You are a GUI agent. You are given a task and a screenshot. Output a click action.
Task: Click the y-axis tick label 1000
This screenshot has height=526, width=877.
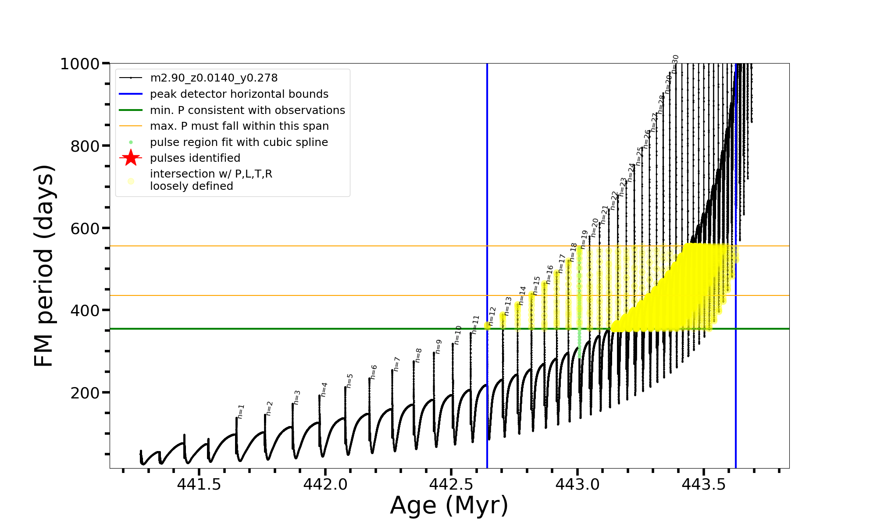pyautogui.click(x=80, y=64)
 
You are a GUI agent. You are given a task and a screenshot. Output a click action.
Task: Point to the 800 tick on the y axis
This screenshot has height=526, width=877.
pyautogui.click(x=85, y=146)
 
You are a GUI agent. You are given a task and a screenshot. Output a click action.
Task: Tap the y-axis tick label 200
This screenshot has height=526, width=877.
pyautogui.click(x=85, y=393)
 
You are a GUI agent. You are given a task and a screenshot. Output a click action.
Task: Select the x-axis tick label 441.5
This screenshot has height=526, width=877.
pyautogui.click(x=199, y=484)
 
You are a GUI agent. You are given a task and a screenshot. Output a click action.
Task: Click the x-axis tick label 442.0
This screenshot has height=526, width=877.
pyautogui.click(x=325, y=484)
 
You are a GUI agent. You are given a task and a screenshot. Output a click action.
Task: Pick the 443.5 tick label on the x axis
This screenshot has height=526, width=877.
pyautogui.click(x=704, y=484)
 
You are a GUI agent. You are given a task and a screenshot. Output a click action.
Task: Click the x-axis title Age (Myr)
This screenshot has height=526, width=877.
pyautogui.click(x=449, y=505)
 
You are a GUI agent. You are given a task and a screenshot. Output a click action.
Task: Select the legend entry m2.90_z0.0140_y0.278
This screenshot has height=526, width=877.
pyautogui.click(x=214, y=78)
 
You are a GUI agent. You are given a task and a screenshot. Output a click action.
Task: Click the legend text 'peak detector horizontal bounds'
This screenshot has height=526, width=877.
pyautogui.click(x=239, y=94)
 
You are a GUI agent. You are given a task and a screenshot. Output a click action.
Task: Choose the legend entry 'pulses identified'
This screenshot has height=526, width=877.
pyautogui.click(x=195, y=158)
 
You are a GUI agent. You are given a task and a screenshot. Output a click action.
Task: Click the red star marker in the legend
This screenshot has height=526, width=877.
pyautogui.click(x=131, y=158)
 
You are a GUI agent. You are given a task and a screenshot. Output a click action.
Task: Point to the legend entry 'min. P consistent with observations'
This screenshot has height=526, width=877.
pyautogui.click(x=247, y=110)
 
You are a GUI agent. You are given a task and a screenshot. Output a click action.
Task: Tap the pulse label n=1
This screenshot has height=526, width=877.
pyautogui.click(x=241, y=411)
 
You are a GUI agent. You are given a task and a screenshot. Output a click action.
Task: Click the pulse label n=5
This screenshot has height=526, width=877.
pyautogui.click(x=349, y=380)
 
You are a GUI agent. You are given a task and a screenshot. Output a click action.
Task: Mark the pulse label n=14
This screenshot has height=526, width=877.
pyautogui.click(x=522, y=295)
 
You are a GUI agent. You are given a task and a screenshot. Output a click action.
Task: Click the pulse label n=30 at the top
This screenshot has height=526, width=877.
pyautogui.click(x=675, y=64)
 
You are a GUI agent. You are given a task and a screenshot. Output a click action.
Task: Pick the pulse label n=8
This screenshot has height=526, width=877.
pyautogui.click(x=418, y=355)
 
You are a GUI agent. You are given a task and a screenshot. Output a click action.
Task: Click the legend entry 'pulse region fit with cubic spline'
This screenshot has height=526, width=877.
pyautogui.click(x=239, y=142)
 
